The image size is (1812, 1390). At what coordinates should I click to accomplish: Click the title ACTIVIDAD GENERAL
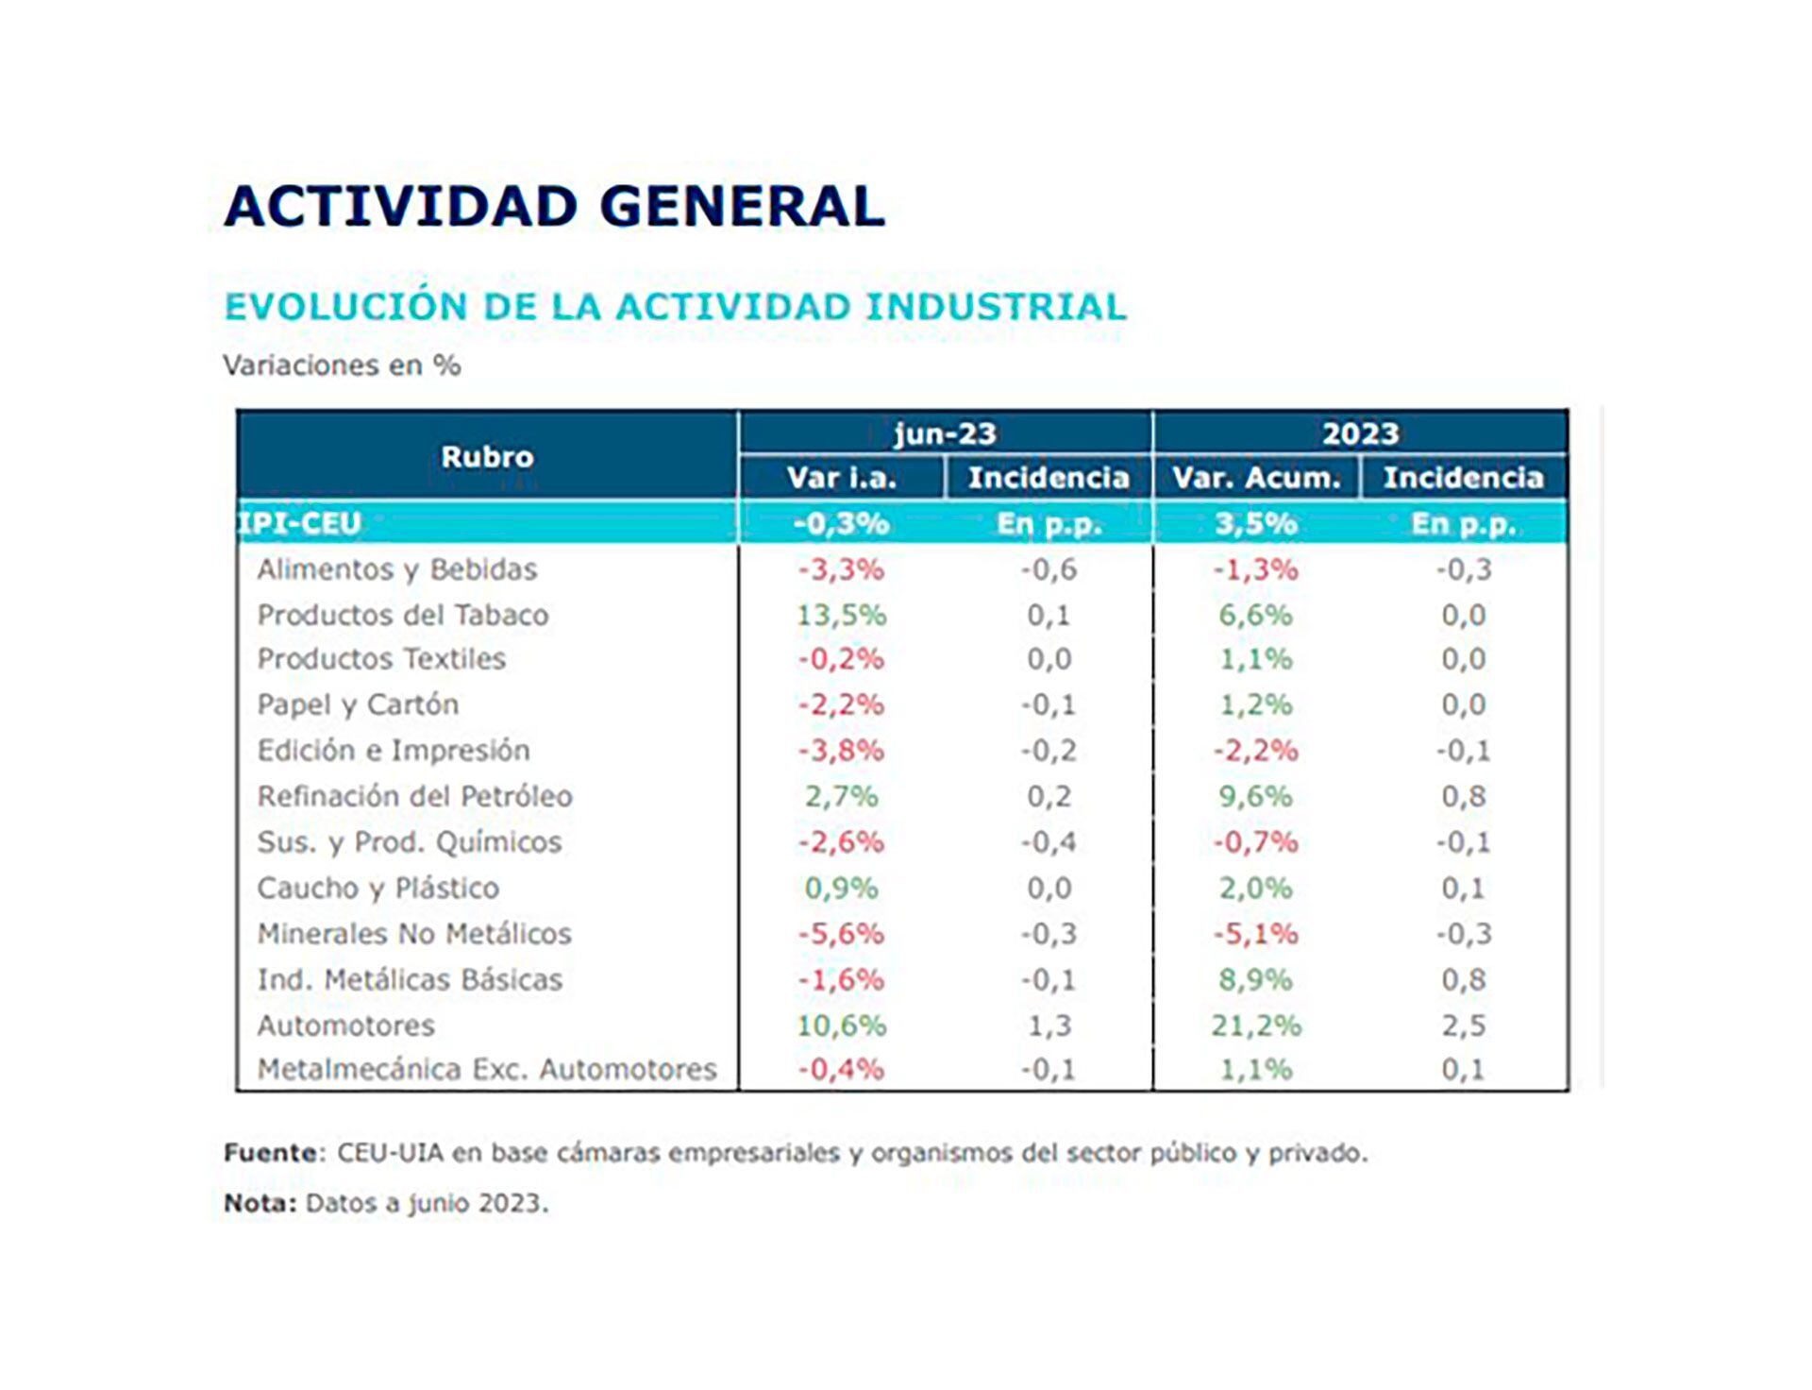click(x=554, y=206)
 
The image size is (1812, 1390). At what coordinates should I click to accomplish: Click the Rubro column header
click(x=487, y=457)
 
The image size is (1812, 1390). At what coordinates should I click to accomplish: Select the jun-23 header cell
click(x=945, y=433)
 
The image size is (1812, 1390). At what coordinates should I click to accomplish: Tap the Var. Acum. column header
click(x=1256, y=478)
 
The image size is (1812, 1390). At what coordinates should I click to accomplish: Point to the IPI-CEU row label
click(x=300, y=523)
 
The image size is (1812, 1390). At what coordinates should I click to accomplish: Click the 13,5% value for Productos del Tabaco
click(x=841, y=616)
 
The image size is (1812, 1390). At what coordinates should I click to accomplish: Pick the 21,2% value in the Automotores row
click(x=1256, y=1026)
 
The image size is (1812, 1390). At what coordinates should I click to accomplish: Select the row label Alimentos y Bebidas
click(x=396, y=569)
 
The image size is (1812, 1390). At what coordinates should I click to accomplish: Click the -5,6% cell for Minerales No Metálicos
click(x=841, y=934)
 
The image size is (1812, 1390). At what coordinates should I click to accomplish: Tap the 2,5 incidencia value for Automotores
click(x=1464, y=1026)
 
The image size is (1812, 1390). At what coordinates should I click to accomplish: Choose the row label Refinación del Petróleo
click(x=414, y=797)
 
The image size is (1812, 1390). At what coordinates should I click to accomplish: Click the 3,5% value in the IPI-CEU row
click(x=1256, y=523)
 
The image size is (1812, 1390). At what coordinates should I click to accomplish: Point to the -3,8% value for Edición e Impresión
click(x=841, y=751)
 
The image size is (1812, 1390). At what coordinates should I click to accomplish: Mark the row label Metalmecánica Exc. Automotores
click(x=487, y=1070)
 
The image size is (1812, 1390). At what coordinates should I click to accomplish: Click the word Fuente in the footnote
click(x=270, y=1153)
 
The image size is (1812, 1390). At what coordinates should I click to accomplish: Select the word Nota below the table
click(x=259, y=1204)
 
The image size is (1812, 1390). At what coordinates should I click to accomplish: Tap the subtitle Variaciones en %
click(x=342, y=365)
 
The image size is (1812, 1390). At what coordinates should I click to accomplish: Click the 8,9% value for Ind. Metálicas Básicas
click(x=1256, y=980)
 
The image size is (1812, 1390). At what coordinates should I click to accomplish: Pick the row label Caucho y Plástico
click(x=377, y=889)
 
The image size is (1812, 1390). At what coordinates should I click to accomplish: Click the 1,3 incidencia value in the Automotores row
click(x=1049, y=1026)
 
